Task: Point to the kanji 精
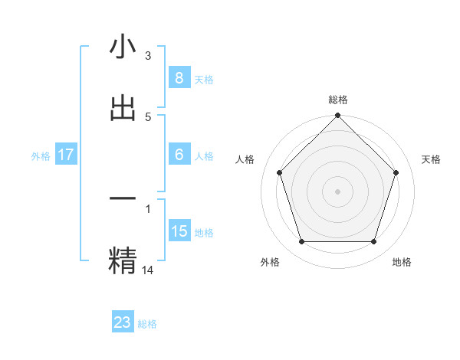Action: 123,260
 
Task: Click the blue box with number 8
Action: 179,78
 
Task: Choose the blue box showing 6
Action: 179,155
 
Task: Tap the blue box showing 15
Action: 179,231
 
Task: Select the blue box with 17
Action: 66,155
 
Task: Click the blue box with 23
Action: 123,322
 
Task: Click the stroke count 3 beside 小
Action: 148,55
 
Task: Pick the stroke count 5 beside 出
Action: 148,116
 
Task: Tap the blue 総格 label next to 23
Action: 147,324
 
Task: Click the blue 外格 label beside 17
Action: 41,156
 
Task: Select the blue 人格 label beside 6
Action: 204,156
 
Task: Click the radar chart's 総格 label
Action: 338,100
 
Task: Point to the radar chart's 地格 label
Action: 402,262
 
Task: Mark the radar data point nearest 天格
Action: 396,172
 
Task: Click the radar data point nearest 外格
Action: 301,242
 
